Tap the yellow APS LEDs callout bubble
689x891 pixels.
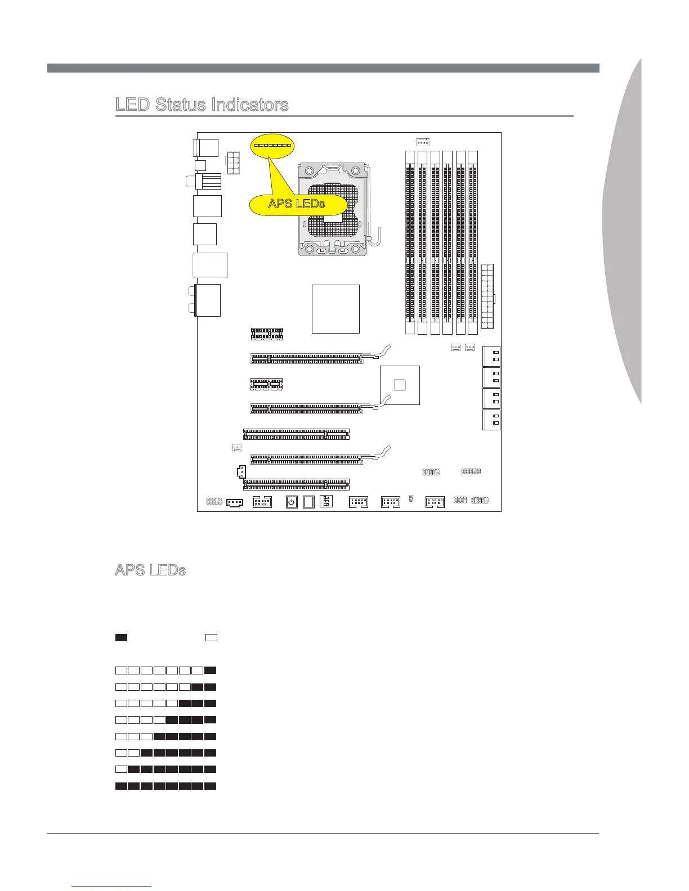[x=297, y=204]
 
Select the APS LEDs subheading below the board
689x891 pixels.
[x=150, y=570]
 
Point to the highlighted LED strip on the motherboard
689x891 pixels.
[x=272, y=145]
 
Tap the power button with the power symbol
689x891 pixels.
[x=292, y=502]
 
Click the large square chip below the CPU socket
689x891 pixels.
[x=335, y=309]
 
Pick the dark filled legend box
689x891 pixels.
[x=121, y=637]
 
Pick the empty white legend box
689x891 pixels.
[x=211, y=637]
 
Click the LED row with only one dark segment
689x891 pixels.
[x=166, y=670]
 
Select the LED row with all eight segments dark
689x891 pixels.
[x=166, y=786]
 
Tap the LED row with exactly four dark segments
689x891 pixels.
[x=166, y=719]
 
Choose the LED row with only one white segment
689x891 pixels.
[x=166, y=769]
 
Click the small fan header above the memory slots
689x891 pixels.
[x=423, y=141]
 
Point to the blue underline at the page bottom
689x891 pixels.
[x=112, y=886]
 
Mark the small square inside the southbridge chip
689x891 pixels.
[x=400, y=385]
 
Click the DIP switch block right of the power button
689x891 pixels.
[x=325, y=501]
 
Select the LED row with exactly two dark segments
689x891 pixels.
[x=166, y=687]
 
